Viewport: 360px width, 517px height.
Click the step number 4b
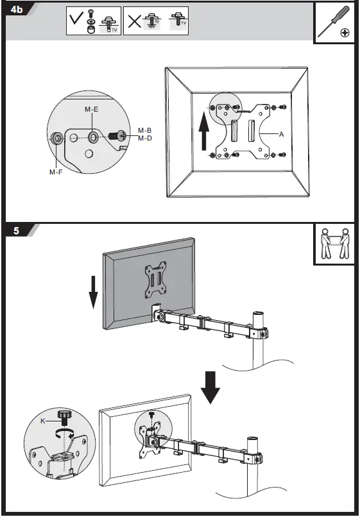click(17, 10)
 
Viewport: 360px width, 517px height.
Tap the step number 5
click(17, 231)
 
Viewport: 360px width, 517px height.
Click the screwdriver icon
click(333, 22)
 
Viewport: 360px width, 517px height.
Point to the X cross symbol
click(134, 21)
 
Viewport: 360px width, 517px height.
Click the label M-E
click(91, 109)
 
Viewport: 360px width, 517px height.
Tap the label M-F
click(56, 172)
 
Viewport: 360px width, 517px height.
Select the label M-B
click(145, 131)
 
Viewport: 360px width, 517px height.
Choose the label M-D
click(145, 138)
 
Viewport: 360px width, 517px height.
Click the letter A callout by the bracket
click(281, 134)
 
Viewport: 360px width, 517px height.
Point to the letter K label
click(43, 421)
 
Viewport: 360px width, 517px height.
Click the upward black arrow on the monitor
click(204, 131)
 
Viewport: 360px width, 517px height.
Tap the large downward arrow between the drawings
click(210, 387)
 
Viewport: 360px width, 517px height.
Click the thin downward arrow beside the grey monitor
click(94, 292)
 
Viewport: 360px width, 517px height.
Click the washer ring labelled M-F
click(57, 139)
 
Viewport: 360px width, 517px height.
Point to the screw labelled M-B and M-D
click(118, 135)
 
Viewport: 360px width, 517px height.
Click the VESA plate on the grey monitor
click(155, 280)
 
